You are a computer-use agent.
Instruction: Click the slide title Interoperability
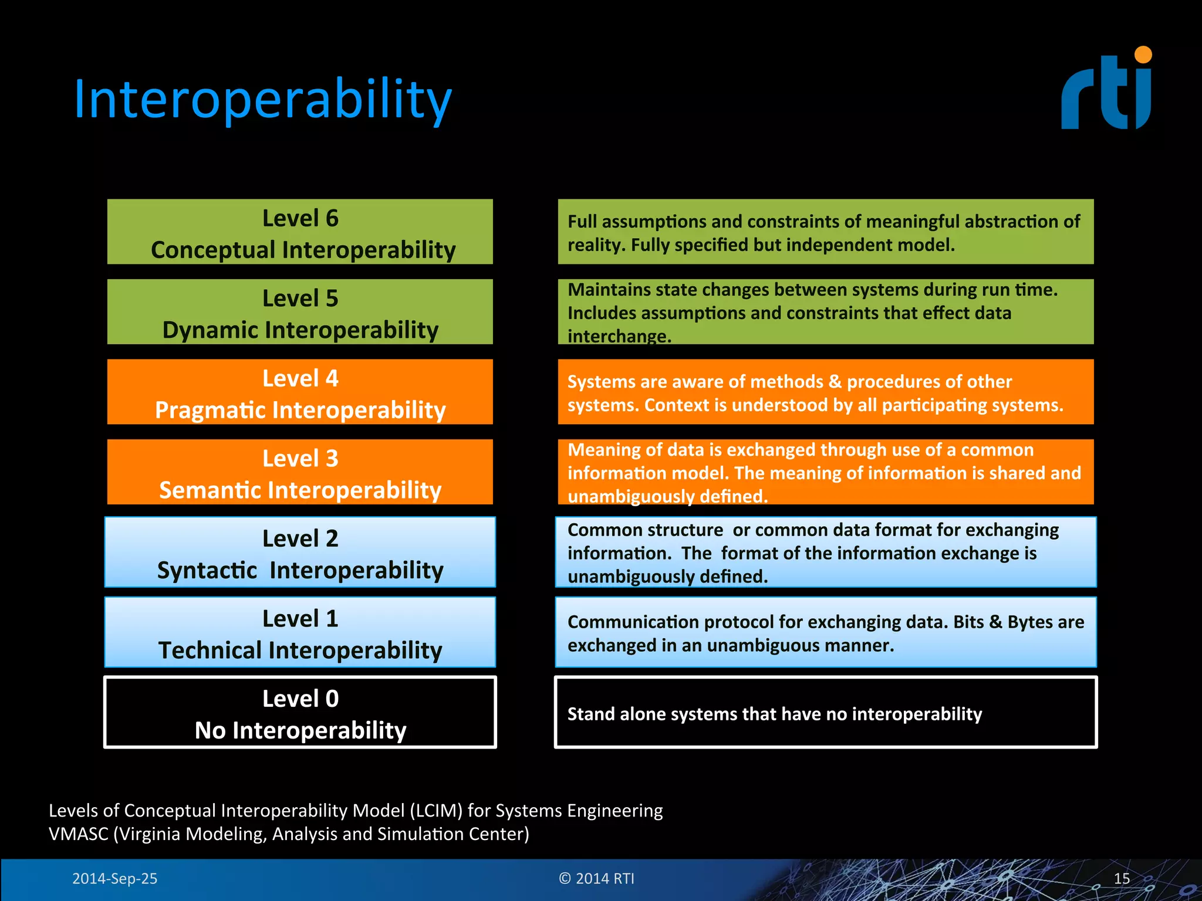[x=262, y=100]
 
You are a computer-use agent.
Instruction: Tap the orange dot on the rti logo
[x=1143, y=55]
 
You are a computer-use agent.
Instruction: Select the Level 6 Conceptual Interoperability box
[x=300, y=232]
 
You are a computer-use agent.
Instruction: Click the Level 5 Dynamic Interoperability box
[x=300, y=312]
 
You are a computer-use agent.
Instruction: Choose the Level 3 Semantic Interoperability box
[x=300, y=472]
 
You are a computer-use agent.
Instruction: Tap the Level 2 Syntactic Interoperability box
[x=300, y=553]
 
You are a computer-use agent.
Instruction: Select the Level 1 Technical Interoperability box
[x=300, y=632]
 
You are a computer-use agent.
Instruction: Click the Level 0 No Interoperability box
[x=300, y=713]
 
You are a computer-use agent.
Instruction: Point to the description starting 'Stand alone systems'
[x=774, y=714]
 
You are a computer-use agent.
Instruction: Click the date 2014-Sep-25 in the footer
[x=114, y=879]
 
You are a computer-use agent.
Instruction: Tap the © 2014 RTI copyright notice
[x=596, y=879]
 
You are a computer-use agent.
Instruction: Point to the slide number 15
[x=1122, y=879]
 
